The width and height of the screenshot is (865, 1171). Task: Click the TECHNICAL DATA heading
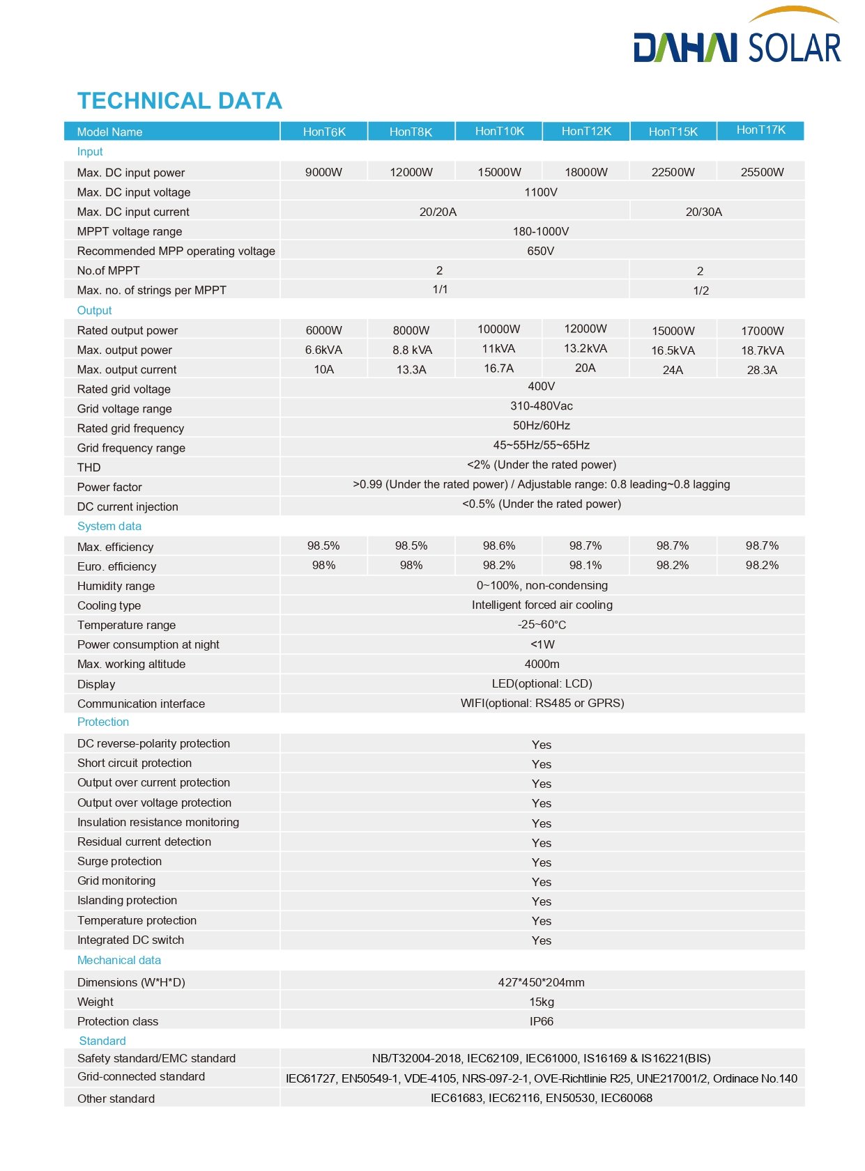(179, 101)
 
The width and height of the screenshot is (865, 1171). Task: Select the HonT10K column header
(499, 131)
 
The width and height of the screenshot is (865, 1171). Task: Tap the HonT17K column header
(760, 130)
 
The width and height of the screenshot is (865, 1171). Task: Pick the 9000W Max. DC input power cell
(323, 172)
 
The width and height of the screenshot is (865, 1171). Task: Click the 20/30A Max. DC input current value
(703, 212)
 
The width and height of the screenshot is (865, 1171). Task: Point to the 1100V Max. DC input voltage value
(541, 192)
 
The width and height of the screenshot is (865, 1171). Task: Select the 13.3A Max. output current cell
(411, 370)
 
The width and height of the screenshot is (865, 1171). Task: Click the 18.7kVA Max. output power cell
(762, 350)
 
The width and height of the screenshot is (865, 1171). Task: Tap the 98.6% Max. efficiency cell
(499, 546)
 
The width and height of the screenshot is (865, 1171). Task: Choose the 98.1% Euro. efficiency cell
(585, 566)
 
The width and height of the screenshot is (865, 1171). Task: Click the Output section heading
(94, 311)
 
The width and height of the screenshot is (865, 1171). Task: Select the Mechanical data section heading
(119, 960)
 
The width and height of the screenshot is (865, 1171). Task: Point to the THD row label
(89, 467)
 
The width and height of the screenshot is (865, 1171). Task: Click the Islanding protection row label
(127, 901)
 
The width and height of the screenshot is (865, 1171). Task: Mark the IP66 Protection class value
(541, 1021)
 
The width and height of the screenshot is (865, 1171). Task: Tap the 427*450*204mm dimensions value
(541, 982)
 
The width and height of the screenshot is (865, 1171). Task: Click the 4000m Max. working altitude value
(542, 665)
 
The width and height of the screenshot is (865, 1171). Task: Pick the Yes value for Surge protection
(541, 862)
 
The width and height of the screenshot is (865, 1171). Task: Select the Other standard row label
(116, 1099)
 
